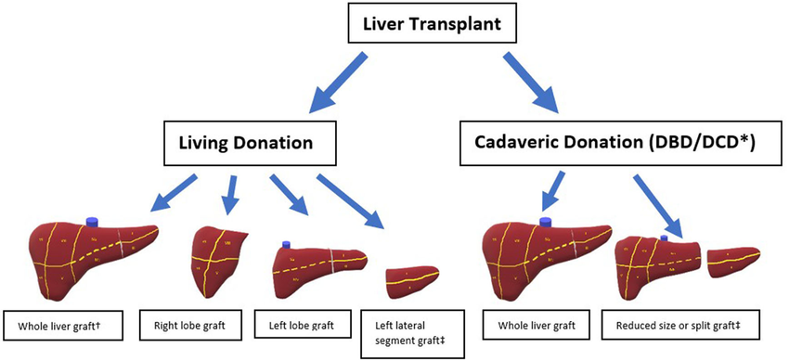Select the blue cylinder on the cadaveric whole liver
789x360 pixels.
[546, 223]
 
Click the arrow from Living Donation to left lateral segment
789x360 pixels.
[352, 199]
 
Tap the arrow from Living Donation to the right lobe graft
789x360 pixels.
[229, 192]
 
